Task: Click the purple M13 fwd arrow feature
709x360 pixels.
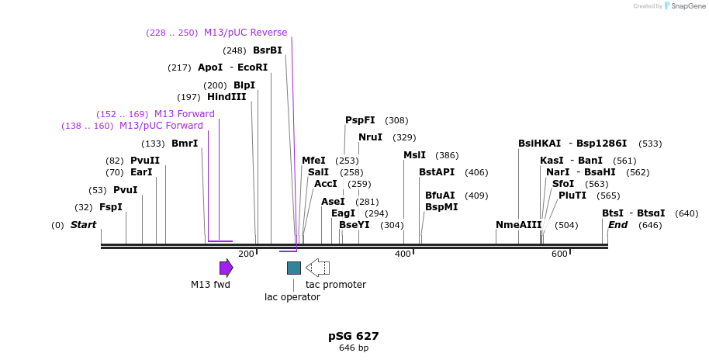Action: [x=226, y=268]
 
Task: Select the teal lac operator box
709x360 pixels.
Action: [x=294, y=268]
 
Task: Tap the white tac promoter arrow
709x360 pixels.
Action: [x=317, y=268]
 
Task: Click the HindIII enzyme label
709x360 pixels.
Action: [x=227, y=97]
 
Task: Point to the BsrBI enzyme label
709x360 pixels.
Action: [x=268, y=50]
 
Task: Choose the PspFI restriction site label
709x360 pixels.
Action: [x=360, y=120]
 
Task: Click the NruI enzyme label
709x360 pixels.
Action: [x=370, y=137]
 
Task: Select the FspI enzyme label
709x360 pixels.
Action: [x=111, y=207]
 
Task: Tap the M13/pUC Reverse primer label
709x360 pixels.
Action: [x=245, y=33]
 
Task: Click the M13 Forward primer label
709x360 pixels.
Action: [x=185, y=114]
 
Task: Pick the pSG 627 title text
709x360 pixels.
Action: [x=354, y=336]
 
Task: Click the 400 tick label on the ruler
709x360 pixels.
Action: [x=403, y=254]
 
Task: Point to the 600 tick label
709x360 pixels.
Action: [x=559, y=254]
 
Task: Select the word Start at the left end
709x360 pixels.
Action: [x=84, y=225]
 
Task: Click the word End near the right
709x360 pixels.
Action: [x=617, y=225]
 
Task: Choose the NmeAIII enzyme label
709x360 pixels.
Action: [x=519, y=225]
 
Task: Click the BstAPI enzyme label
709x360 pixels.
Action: [x=437, y=172]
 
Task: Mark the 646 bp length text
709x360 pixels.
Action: [x=354, y=348]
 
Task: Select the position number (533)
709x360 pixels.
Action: [x=650, y=144]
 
